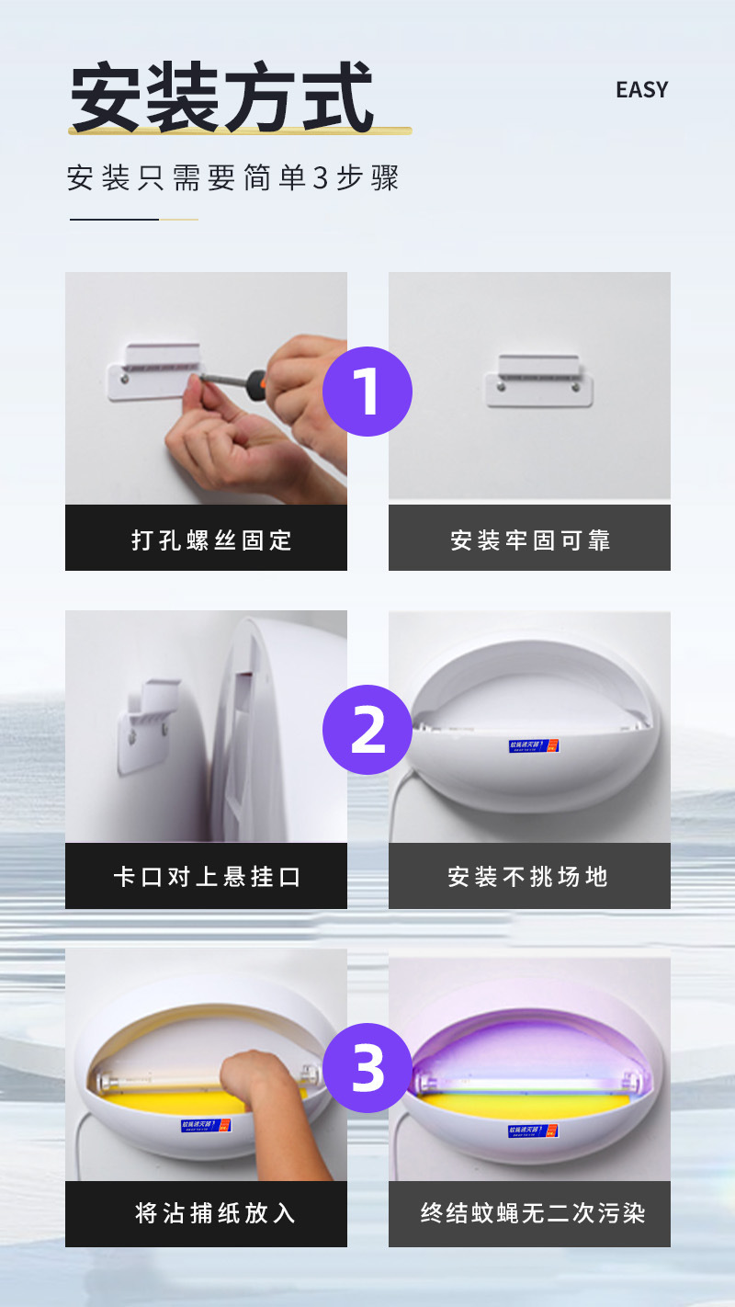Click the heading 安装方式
tap(222, 97)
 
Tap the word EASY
tap(641, 90)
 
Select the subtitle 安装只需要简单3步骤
tap(232, 177)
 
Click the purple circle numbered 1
tap(367, 392)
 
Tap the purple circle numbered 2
tap(367, 729)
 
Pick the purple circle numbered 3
tap(367, 1067)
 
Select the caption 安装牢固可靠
tap(529, 540)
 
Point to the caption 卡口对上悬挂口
tap(207, 877)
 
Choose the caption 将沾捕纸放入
tap(215, 1213)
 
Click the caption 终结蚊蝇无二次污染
tap(532, 1213)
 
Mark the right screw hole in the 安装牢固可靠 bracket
tap(576, 389)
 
